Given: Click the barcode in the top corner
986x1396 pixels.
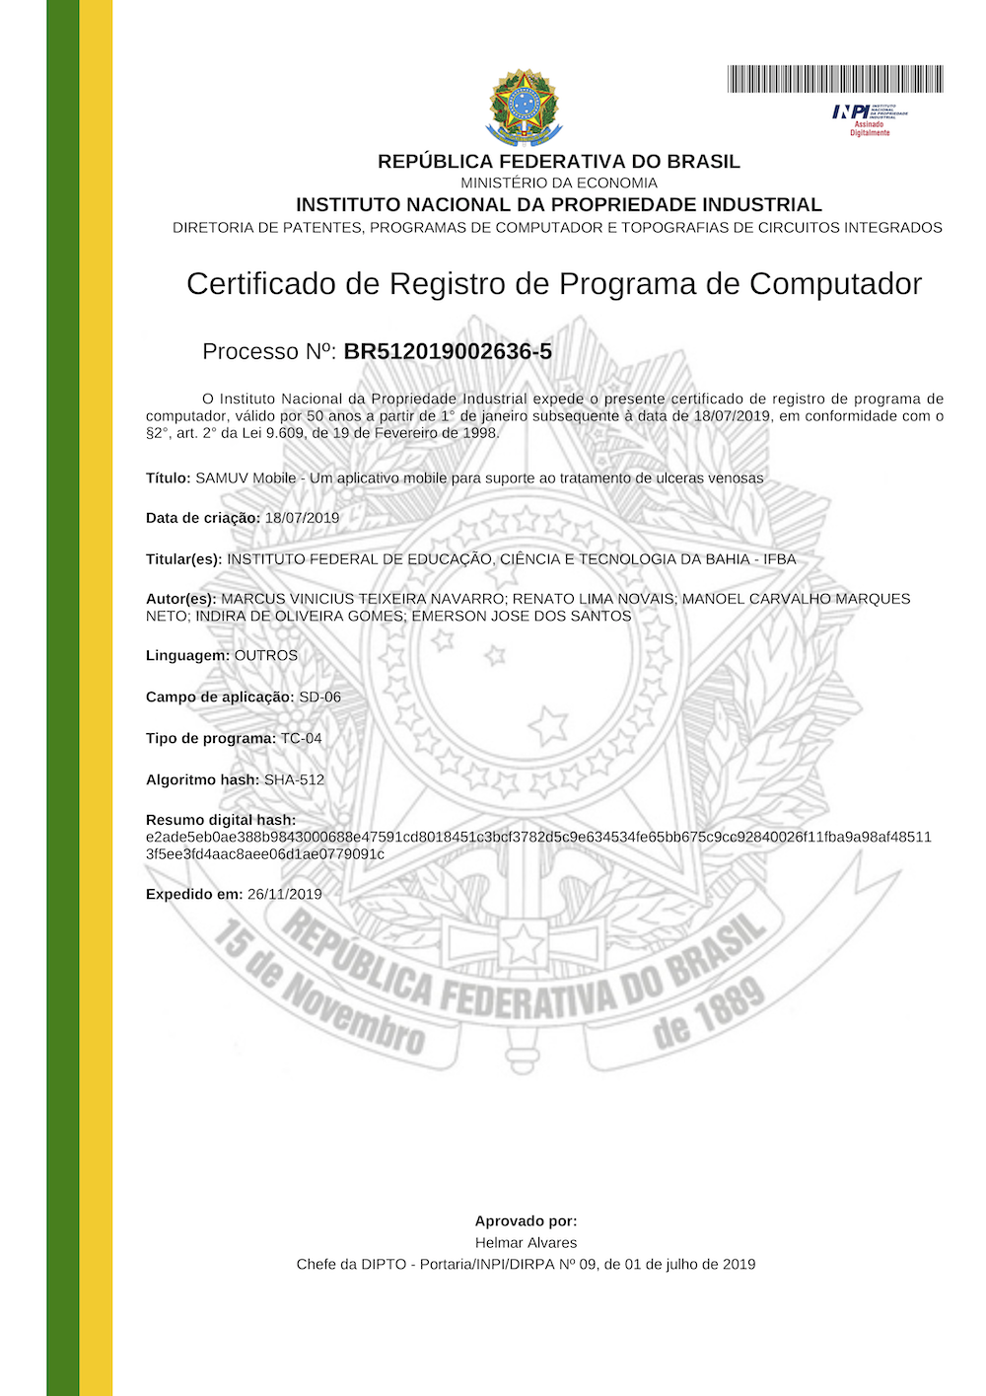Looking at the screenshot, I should pyautogui.click(x=835, y=79).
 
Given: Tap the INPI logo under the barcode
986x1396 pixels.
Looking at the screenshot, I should pyautogui.click(x=869, y=115).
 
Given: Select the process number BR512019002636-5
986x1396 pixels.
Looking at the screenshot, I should pyautogui.click(x=448, y=351).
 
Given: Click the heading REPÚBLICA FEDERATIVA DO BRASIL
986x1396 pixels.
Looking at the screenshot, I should pyautogui.click(x=558, y=162).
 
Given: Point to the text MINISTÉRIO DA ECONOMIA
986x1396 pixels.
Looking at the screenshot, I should pyautogui.click(x=558, y=183).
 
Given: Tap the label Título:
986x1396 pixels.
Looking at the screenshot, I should pyautogui.click(x=169, y=478).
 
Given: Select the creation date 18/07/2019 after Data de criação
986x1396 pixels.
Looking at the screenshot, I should pyautogui.click(x=302, y=518).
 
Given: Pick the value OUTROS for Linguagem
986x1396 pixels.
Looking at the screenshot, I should pyautogui.click(x=265, y=656).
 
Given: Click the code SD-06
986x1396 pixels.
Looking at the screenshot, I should pyautogui.click(x=319, y=698).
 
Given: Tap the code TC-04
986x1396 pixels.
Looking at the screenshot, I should pyautogui.click(x=301, y=739).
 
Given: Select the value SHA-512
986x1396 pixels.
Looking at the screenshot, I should pyautogui.click(x=294, y=780).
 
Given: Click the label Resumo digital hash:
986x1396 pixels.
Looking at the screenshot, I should pyautogui.click(x=221, y=820).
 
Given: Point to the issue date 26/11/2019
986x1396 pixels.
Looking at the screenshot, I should pyautogui.click(x=284, y=895).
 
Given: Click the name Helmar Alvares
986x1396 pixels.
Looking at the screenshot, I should pyautogui.click(x=526, y=1243).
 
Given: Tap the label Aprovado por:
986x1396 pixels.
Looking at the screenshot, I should pyautogui.click(x=526, y=1221).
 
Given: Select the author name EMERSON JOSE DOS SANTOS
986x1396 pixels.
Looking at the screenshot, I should pyautogui.click(x=521, y=616).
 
